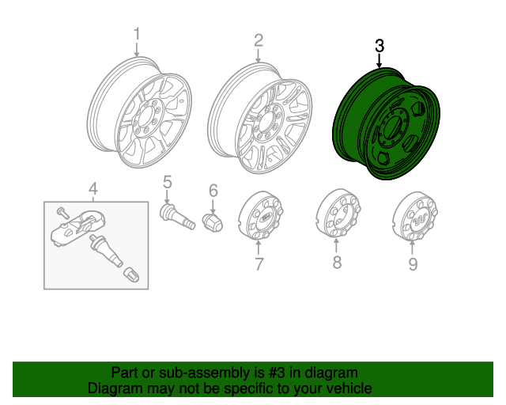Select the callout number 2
[x=258, y=40]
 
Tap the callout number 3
[x=379, y=46]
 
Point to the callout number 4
[x=93, y=188]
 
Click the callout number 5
[x=168, y=183]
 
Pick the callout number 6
[x=213, y=191]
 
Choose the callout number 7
[x=259, y=264]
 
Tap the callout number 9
[x=412, y=264]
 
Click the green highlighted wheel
[x=383, y=127]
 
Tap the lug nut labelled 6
[x=213, y=221]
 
